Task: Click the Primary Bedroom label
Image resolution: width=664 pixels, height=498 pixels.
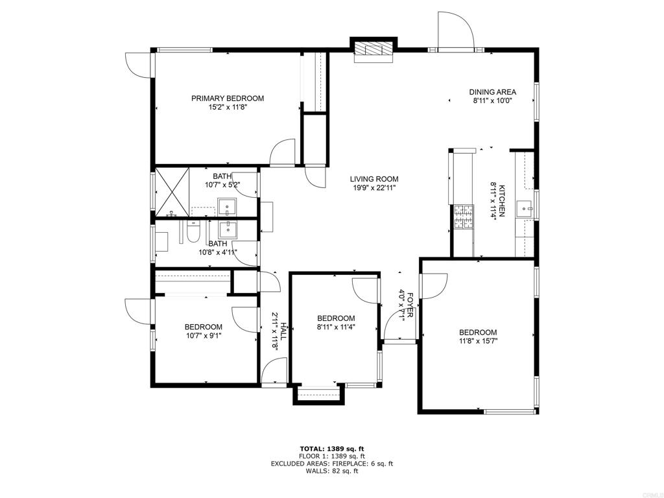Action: click(x=228, y=99)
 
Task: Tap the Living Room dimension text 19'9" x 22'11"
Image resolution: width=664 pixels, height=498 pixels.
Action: click(x=374, y=188)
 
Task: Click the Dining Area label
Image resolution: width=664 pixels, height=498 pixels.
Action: click(x=493, y=92)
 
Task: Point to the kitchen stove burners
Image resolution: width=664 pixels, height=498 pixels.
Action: click(x=464, y=217)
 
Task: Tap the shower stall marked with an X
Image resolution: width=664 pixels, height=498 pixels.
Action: click(x=172, y=192)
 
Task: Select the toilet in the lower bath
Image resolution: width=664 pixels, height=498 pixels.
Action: click(x=193, y=231)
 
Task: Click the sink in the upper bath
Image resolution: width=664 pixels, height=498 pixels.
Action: click(x=228, y=207)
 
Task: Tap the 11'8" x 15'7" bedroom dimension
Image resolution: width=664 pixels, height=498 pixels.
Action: click(x=478, y=341)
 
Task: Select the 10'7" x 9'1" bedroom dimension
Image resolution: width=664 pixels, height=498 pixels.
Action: click(x=203, y=335)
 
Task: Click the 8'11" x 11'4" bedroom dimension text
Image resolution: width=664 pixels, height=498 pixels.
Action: click(x=337, y=327)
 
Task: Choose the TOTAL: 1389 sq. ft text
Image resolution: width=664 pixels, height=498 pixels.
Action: click(x=332, y=449)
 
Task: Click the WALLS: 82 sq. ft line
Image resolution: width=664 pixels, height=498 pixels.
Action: click(x=332, y=471)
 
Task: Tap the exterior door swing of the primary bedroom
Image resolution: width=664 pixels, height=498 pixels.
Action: click(x=138, y=65)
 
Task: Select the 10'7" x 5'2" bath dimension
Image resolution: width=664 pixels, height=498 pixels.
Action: click(x=223, y=185)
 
